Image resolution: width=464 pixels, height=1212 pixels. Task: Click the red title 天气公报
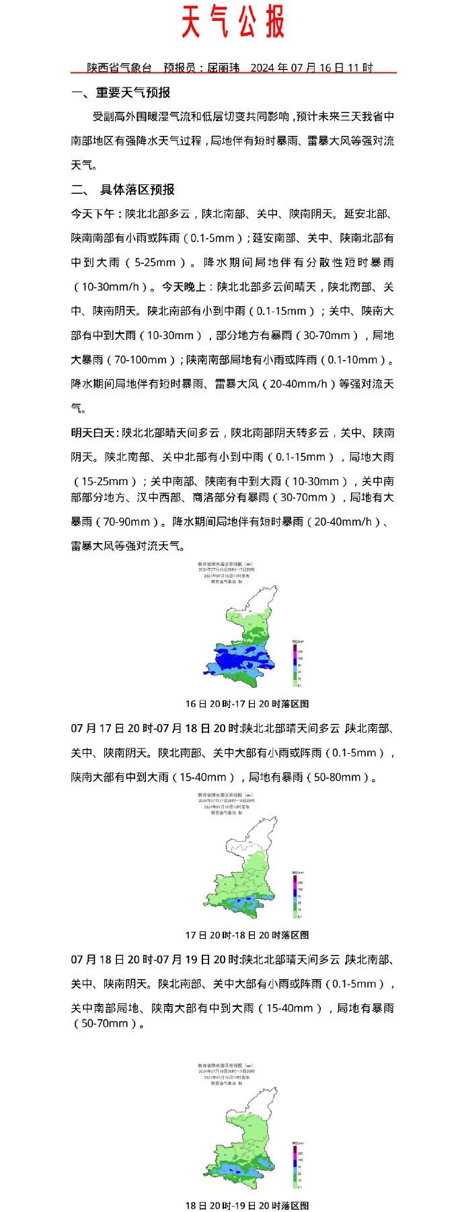pyautogui.click(x=233, y=22)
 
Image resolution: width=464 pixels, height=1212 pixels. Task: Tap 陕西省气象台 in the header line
pyautogui.click(x=120, y=68)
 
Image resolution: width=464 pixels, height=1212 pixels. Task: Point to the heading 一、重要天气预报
pyautogui.click(x=120, y=93)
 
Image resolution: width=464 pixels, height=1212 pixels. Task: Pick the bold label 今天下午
pyautogui.click(x=93, y=214)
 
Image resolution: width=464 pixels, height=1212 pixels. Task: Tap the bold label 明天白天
pyautogui.click(x=93, y=433)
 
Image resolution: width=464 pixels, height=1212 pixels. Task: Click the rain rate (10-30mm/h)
pyautogui.click(x=110, y=287)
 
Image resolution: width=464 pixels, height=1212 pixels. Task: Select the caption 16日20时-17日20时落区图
pyautogui.click(x=247, y=704)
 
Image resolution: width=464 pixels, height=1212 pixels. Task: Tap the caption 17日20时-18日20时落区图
pyautogui.click(x=247, y=935)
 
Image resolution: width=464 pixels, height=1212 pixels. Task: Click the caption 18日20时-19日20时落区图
pyautogui.click(x=247, y=1205)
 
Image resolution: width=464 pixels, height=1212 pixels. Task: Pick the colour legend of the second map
pyautogui.click(x=296, y=894)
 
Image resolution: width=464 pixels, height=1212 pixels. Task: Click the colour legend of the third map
pyautogui.click(x=296, y=1165)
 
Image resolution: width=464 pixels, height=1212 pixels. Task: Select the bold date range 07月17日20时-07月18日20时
pyautogui.click(x=155, y=729)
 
